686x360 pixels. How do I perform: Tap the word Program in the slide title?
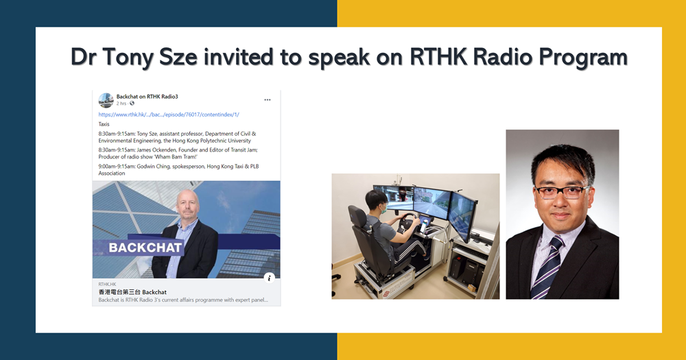[585, 58]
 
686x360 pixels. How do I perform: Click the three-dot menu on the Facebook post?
[268, 99]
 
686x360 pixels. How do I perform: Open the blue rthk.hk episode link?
[169, 115]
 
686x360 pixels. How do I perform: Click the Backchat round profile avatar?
[106, 100]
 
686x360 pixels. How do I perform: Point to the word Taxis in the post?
[104, 124]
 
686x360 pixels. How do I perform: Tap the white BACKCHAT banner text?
[145, 248]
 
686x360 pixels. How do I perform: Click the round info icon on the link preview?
[270, 278]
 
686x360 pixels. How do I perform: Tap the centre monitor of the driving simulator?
[431, 200]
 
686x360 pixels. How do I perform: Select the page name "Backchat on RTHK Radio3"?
[147, 96]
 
